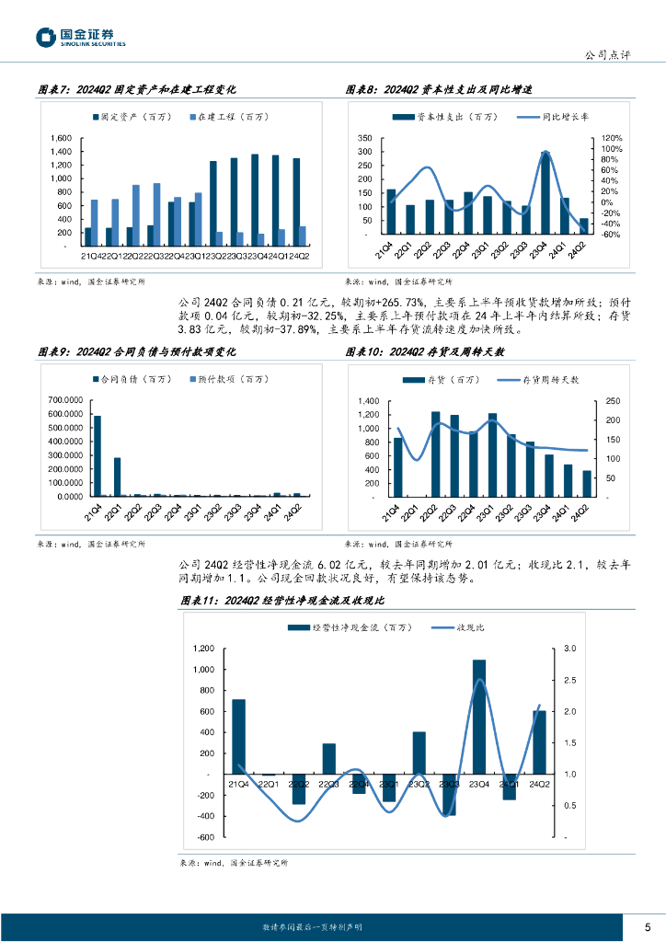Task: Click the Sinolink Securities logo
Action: tap(81, 38)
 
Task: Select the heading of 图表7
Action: tap(137, 90)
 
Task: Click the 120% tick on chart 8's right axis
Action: tap(612, 137)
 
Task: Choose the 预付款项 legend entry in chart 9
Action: tap(220, 379)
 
